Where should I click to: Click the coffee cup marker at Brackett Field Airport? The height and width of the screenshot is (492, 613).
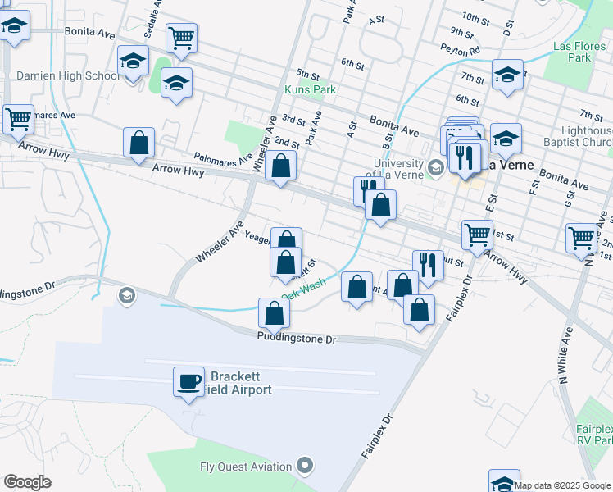[x=188, y=380]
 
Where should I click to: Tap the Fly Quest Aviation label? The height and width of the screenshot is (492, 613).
[x=246, y=467]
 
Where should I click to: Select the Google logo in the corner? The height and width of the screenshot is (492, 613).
[x=27, y=482]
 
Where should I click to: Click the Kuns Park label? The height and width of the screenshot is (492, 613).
[x=305, y=89]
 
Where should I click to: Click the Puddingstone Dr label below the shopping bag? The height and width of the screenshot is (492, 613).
[x=297, y=339]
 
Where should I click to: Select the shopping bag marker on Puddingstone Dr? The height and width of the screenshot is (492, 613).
[x=274, y=312]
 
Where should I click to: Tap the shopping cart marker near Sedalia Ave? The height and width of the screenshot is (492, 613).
[x=181, y=37]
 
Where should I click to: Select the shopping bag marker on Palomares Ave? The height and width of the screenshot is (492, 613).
[x=280, y=166]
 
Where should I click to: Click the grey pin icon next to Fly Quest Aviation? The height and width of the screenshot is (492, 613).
[x=305, y=467]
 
